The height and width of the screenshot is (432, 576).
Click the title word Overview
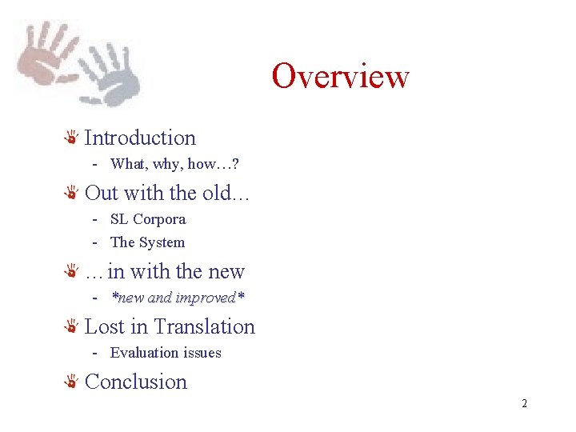tap(340, 76)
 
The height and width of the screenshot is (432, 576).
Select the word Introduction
tap(140, 138)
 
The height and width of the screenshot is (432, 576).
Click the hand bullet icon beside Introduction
tap(71, 138)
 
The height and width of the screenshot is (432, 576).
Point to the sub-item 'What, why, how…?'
tap(174, 164)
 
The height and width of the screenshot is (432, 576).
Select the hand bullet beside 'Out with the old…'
tap(71, 194)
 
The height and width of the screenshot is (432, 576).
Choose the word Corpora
tap(159, 219)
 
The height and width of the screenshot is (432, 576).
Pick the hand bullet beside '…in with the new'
tap(71, 273)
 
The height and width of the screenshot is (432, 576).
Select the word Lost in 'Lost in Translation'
tap(105, 326)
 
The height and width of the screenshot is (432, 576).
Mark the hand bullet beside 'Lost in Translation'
tap(71, 327)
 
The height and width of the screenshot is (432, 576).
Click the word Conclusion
tap(136, 382)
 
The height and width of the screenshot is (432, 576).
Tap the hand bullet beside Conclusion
tap(71, 382)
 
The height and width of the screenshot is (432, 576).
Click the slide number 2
tap(524, 403)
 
